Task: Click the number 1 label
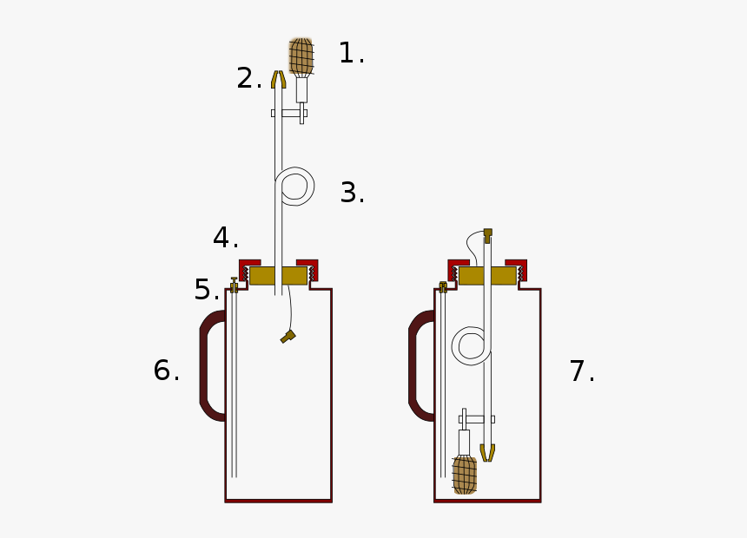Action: coord(351,53)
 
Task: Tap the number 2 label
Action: coord(249,78)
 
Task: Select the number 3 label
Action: coord(353,193)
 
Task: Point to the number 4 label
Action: coord(225,237)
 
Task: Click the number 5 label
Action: coord(207,290)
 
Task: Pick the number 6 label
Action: coord(166,370)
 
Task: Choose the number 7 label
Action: coord(582,371)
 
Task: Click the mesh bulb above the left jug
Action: coord(301,57)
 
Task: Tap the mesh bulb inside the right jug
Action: coord(465,475)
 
